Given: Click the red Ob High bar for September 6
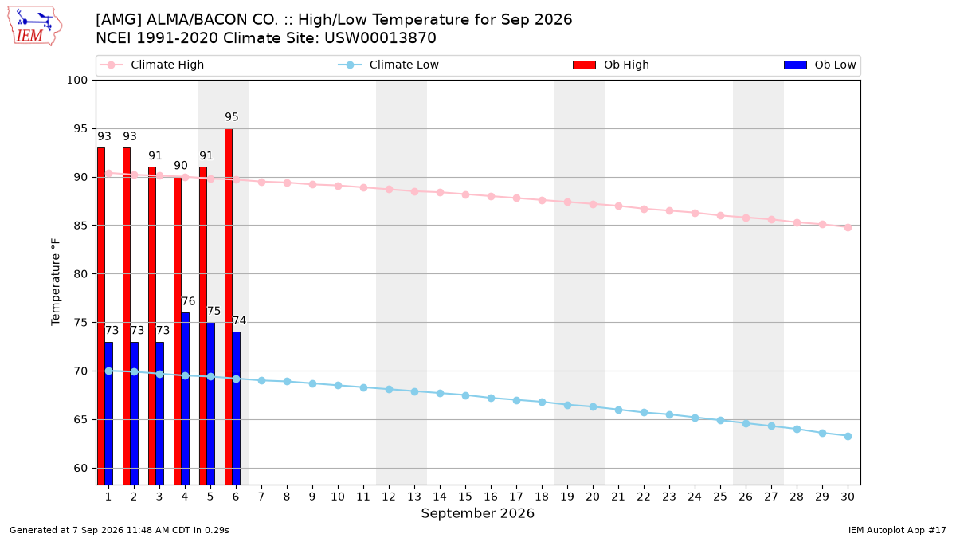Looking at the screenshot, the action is click(229, 307).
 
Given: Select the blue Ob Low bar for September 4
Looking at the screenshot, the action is click(185, 399).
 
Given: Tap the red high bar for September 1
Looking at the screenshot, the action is click(101, 316).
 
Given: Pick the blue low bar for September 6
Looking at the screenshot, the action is click(237, 408).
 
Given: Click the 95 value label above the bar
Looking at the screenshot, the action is click(232, 117).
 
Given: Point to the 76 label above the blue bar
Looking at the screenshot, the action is click(188, 301).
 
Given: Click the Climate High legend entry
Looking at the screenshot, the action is click(152, 65).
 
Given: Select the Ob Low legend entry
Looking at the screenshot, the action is click(820, 65).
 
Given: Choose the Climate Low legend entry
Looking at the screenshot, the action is click(389, 65).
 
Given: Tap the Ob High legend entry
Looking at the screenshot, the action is click(611, 65).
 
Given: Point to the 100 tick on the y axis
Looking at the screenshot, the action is click(77, 81).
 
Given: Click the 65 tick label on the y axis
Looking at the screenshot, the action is click(80, 420).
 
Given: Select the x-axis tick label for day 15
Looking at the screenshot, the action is click(465, 497).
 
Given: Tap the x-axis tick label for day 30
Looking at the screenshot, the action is click(848, 497).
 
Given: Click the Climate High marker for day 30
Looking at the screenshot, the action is click(848, 228).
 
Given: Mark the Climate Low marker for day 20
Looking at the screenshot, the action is click(593, 407).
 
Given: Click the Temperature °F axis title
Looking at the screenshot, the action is click(56, 282).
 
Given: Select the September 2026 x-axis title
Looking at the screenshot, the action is click(477, 513).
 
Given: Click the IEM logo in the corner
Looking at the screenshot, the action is click(35, 26).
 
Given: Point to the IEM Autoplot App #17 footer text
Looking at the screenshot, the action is click(897, 530).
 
